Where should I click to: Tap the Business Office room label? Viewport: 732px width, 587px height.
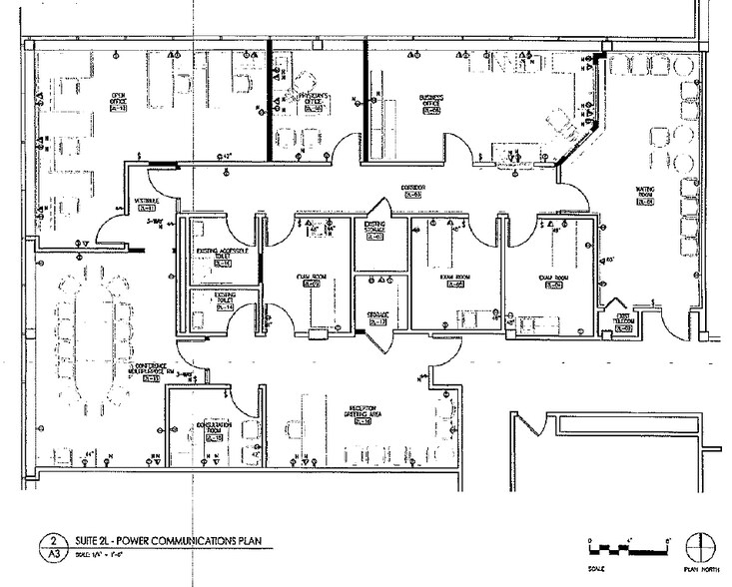[429, 104]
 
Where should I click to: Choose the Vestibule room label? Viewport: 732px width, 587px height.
[148, 205]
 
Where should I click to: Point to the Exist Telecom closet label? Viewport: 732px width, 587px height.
[621, 319]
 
